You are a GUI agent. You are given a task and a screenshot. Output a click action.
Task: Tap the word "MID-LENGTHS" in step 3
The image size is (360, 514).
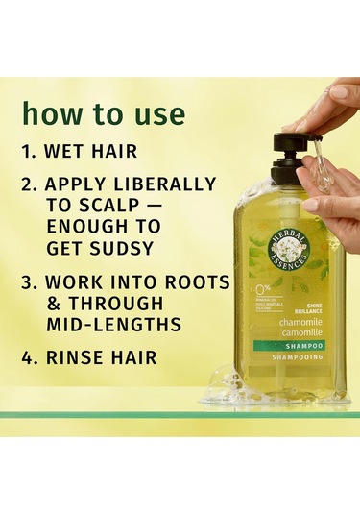(x=120, y=324)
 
